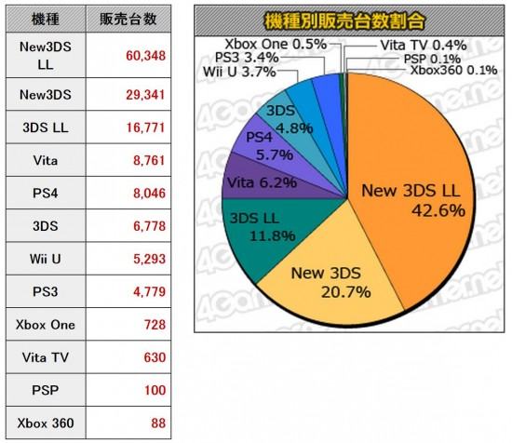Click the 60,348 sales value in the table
(145, 56)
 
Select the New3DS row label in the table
(46, 95)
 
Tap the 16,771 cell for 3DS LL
(145, 128)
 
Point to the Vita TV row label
(46, 357)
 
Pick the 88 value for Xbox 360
(158, 423)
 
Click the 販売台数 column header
(128, 20)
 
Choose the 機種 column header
(46, 20)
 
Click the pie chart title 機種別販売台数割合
(344, 21)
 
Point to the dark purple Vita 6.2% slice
(258, 182)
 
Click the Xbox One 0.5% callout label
(276, 45)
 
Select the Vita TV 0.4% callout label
(424, 46)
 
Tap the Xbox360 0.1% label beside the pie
(454, 70)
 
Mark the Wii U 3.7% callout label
(239, 72)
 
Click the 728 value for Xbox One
(155, 325)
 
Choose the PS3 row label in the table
(46, 292)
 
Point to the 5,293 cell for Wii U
(149, 260)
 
